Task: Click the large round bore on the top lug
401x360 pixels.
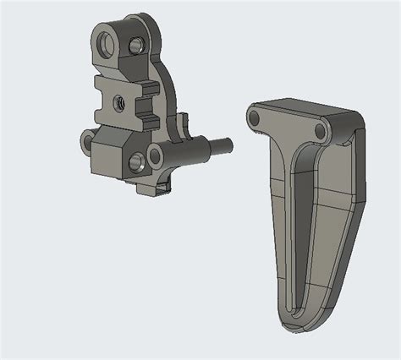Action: [105, 41]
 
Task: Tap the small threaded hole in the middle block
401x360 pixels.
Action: [119, 101]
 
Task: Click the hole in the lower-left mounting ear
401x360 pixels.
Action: [87, 139]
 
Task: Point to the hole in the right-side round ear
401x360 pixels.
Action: [155, 155]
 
